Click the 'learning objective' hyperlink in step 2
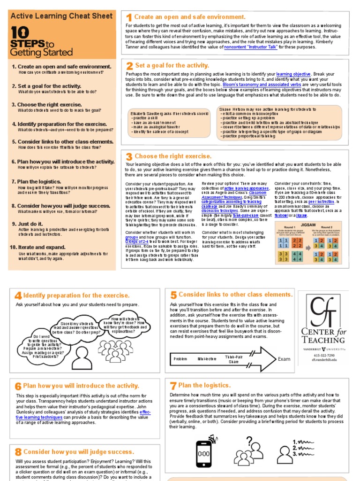(293, 74)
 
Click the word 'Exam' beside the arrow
(284, 359)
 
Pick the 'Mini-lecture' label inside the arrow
(207, 359)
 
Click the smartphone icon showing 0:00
(203, 454)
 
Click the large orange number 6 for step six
(18, 387)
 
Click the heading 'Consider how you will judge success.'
(78, 452)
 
